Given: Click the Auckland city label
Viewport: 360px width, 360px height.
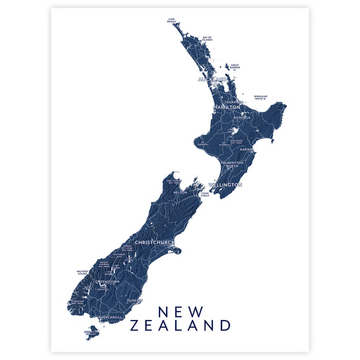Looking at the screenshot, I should pos(212,79).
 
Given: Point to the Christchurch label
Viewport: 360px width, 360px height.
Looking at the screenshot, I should pos(154,243).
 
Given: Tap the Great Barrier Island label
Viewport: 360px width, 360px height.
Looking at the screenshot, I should pos(235,67).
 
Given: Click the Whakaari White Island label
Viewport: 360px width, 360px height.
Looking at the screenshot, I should pos(261,98).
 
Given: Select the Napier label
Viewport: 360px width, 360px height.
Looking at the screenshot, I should pos(246,150).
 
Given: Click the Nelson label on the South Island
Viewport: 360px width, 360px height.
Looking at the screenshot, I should pos(180,191).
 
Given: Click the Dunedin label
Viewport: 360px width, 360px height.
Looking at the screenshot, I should pos(135,300).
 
